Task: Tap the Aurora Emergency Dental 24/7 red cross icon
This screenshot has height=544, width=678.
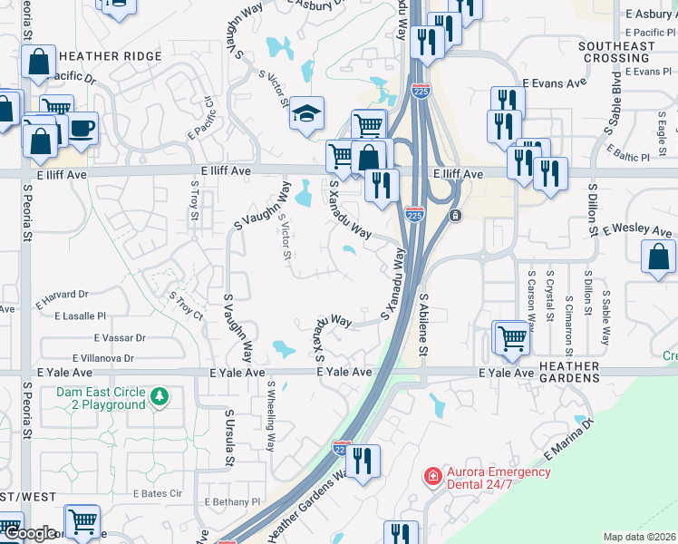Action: pos(433,476)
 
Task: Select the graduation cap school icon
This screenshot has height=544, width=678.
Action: pos(307,113)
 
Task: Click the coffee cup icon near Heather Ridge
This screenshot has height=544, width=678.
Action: pos(82,128)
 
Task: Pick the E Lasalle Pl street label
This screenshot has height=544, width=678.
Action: pos(81,316)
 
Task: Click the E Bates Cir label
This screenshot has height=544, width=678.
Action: pos(158,494)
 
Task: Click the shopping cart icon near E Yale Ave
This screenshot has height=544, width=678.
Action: pos(512,338)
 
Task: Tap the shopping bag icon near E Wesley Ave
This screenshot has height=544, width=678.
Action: pos(659,256)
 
